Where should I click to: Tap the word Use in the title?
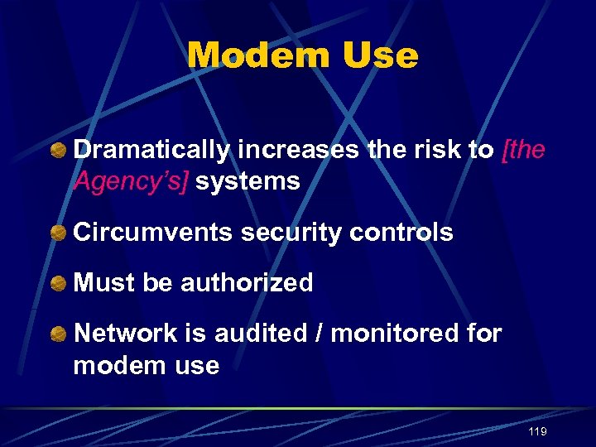tap(377, 56)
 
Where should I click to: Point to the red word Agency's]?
tap(132, 181)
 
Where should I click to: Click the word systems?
tap(249, 181)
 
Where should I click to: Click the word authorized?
tap(247, 283)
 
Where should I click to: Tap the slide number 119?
tap(536, 432)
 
